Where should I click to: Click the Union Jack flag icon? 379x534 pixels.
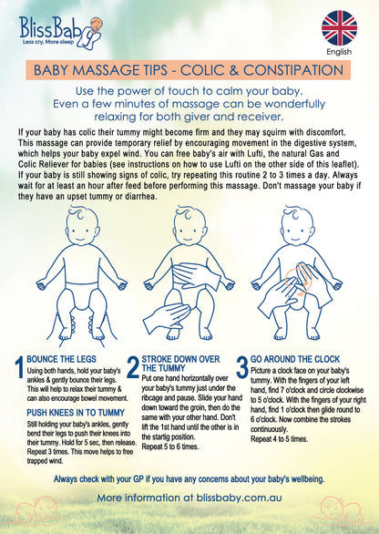(339, 28)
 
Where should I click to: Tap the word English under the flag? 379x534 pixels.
(339, 52)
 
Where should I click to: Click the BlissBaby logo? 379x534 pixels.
(60, 32)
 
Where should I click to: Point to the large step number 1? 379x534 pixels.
(20, 367)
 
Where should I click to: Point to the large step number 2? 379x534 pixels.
(133, 367)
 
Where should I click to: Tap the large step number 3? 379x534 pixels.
(242, 367)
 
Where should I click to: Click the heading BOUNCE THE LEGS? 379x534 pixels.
(61, 359)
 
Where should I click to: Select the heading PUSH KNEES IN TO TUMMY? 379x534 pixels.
(76, 413)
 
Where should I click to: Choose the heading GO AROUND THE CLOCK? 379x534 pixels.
(295, 359)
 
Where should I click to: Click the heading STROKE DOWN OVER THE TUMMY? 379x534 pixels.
(180, 364)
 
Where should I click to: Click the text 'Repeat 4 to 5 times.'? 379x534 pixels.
(279, 439)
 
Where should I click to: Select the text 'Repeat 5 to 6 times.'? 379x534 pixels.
(170, 447)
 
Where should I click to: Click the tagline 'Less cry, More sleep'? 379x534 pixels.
(47, 42)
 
